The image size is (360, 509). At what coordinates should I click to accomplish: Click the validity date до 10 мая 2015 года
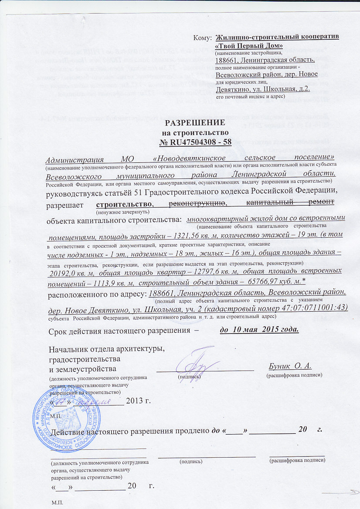point(260,329)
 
